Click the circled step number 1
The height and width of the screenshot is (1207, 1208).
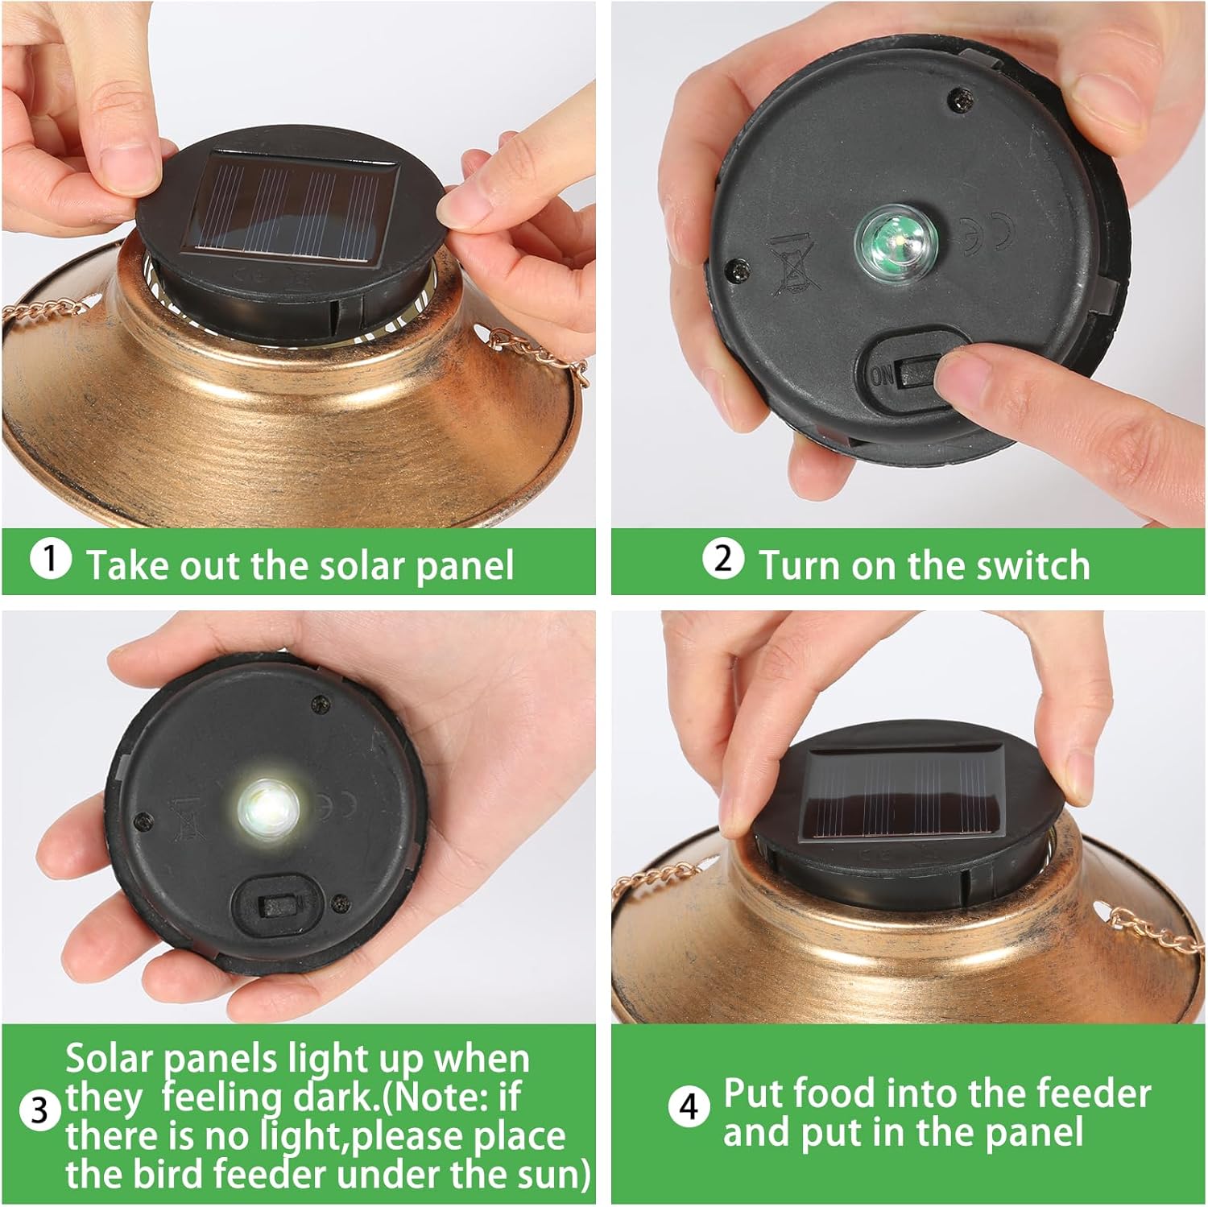(x=50, y=559)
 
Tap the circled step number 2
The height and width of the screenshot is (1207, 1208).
(x=723, y=559)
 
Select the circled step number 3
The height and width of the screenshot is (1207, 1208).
(x=39, y=1113)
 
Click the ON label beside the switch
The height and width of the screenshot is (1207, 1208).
(x=882, y=374)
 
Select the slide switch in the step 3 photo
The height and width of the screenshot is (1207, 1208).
(x=277, y=907)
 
